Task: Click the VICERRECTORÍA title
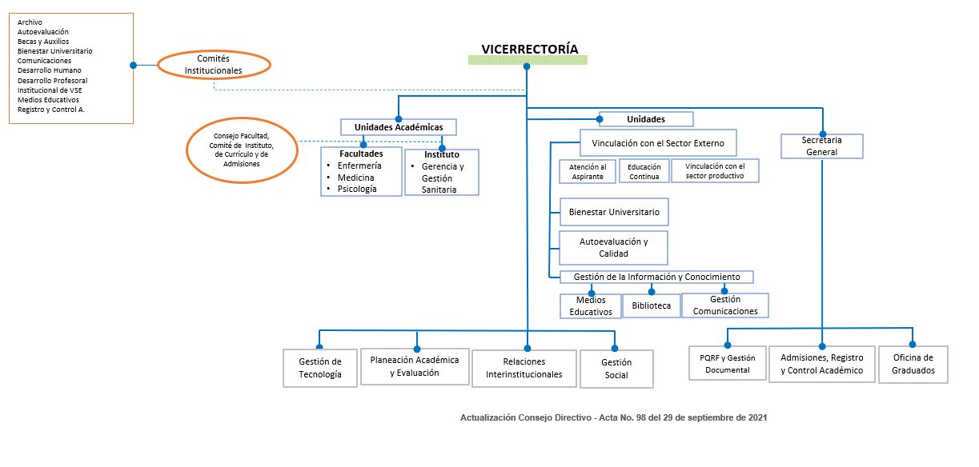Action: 529,49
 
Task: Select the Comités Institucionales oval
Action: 214,65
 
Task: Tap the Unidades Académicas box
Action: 399,127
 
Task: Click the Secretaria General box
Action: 821,146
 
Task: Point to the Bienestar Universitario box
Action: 614,212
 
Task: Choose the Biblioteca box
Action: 652,305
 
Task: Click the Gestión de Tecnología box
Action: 320,368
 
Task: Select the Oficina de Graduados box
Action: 913,364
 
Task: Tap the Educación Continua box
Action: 644,171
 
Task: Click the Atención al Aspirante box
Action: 588,171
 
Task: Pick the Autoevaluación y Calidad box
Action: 614,247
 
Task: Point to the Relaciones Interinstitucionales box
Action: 524,368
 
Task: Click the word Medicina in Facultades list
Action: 355,178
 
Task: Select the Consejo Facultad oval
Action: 242,150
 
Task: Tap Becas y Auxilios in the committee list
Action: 43,42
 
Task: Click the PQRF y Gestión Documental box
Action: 728,363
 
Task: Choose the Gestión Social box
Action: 616,369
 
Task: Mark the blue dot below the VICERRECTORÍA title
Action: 527,66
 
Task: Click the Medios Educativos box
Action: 591,306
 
